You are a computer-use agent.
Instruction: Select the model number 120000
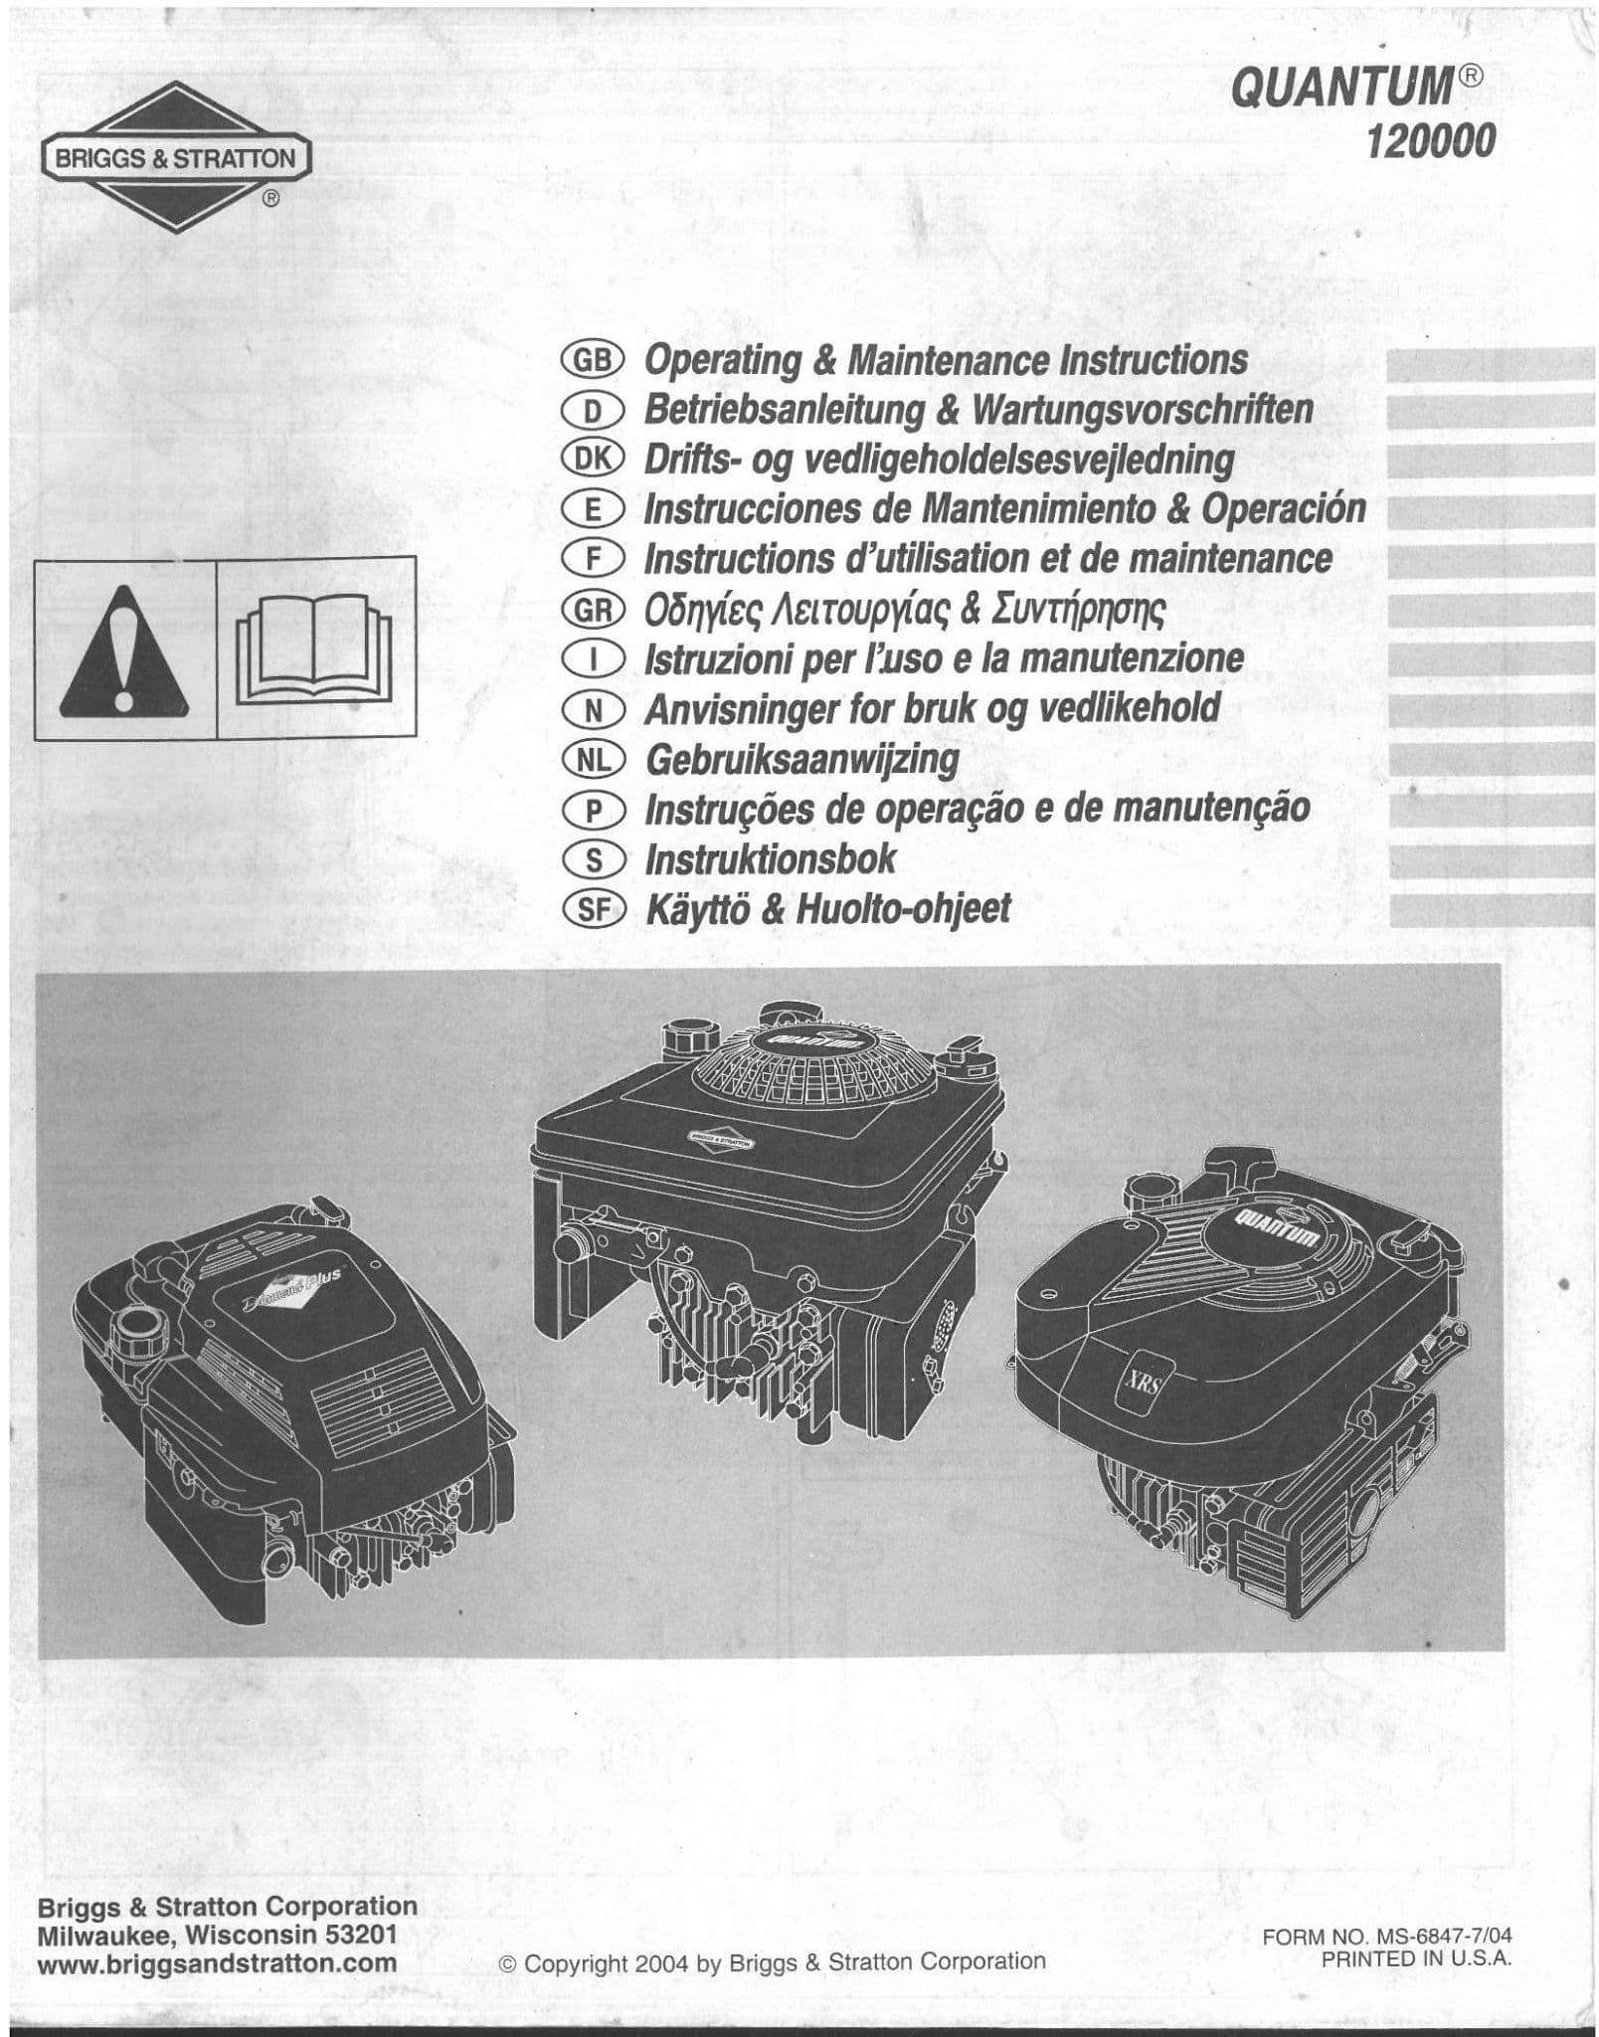tap(1431, 144)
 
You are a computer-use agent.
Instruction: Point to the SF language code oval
tap(592, 908)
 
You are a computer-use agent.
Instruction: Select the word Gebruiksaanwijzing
tap(801, 760)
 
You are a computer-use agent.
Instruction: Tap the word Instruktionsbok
tap(771, 858)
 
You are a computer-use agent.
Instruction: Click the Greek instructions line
tap(904, 608)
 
